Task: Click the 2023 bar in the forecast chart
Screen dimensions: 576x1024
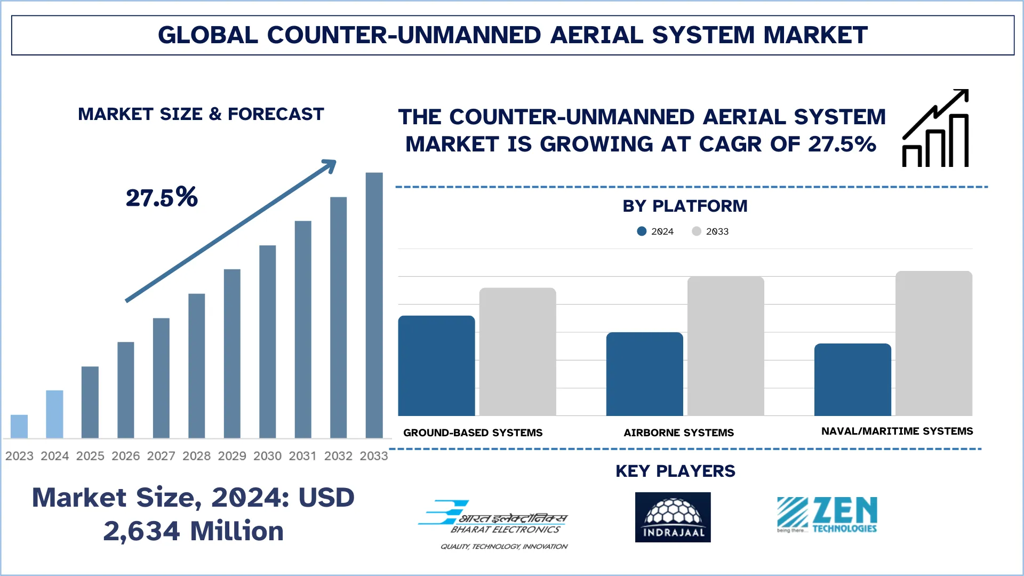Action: (x=19, y=426)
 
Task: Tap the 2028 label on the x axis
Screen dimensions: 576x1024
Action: (x=196, y=456)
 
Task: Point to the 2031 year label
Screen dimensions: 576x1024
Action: (x=302, y=456)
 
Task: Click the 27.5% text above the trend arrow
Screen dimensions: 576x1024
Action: (x=162, y=197)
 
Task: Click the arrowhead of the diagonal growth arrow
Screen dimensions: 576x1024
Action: (x=330, y=166)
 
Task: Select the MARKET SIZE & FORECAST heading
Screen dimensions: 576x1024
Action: (x=201, y=114)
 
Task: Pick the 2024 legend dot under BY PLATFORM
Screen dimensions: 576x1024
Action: (x=642, y=231)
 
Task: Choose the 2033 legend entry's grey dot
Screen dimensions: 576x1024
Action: (x=697, y=231)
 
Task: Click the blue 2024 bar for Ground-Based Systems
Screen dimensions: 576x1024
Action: (x=436, y=366)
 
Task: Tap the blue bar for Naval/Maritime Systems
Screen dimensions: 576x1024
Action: (x=852, y=380)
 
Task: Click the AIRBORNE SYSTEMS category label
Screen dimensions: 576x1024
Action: (x=678, y=433)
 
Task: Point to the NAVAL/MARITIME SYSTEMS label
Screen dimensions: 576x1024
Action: (x=897, y=431)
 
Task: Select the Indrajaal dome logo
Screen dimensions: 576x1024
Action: (x=673, y=517)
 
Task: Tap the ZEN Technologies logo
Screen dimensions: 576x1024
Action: (x=827, y=515)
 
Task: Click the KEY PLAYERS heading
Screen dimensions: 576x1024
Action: (x=675, y=471)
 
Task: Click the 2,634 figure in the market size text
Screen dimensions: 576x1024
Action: (x=141, y=531)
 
